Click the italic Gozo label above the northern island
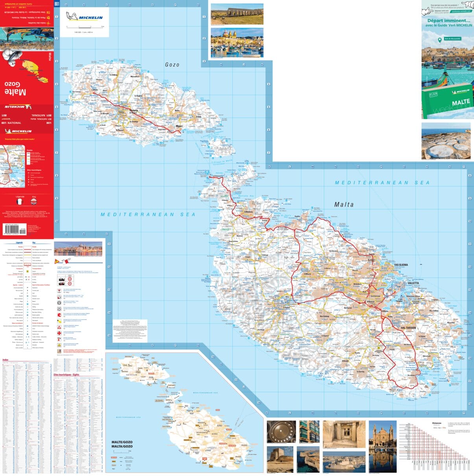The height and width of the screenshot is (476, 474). click(x=172, y=64)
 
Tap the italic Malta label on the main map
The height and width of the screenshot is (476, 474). click(x=344, y=204)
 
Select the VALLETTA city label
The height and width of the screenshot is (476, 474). click(x=413, y=283)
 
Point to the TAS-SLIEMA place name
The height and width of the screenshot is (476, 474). click(x=401, y=265)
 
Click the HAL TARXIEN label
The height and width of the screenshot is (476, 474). click(x=408, y=327)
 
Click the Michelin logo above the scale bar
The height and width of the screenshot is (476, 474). click(x=85, y=17)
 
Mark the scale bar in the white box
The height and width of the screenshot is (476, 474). click(x=85, y=27)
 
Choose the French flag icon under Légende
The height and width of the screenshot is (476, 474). click(x=20, y=202)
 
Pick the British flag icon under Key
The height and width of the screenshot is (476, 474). click(x=34, y=202)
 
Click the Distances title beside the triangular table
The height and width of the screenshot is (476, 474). click(x=437, y=423)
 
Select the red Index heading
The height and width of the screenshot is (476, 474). click(x=6, y=360)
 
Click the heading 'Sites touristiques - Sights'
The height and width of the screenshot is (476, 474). click(x=66, y=375)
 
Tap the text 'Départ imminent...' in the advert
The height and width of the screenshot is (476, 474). click(x=448, y=20)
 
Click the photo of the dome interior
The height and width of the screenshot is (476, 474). click(x=281, y=432)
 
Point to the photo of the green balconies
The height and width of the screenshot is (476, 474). click(x=309, y=432)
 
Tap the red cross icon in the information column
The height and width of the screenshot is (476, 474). click(x=59, y=333)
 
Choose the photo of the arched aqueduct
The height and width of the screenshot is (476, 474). click(x=237, y=14)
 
